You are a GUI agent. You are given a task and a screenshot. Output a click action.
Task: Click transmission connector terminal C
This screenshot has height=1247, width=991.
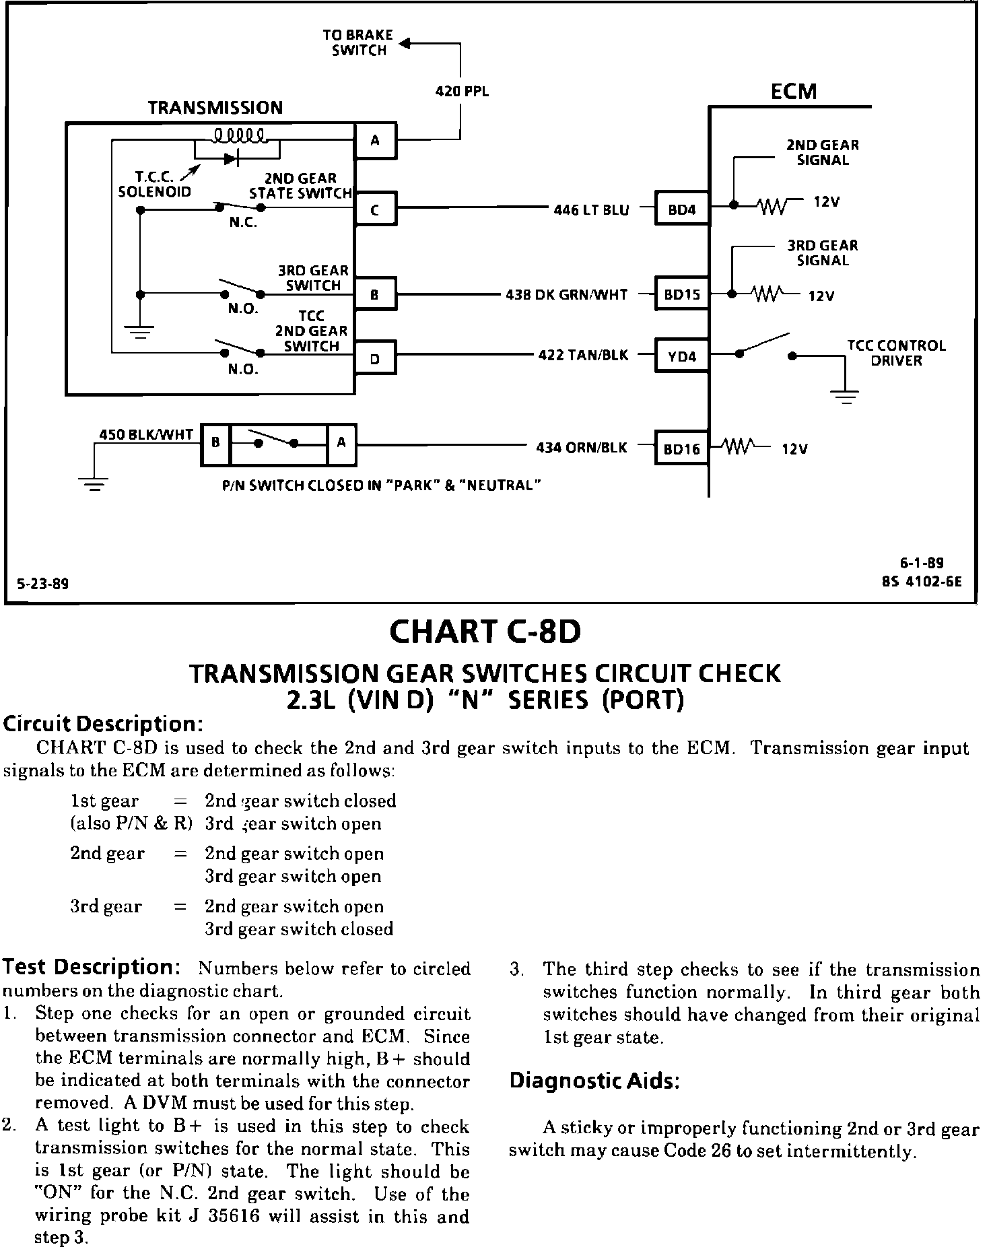(x=375, y=209)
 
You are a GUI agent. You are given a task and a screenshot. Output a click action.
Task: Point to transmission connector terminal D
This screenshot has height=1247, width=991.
(x=375, y=359)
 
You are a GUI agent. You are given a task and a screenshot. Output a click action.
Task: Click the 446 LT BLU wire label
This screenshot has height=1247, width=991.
(x=591, y=210)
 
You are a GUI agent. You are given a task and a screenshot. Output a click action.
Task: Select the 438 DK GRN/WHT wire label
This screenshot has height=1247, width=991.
(x=566, y=295)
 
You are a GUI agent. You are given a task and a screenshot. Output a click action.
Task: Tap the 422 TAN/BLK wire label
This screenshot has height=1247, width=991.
(x=583, y=355)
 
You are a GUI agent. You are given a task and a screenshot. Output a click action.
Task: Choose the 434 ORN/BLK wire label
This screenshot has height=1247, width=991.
(x=582, y=447)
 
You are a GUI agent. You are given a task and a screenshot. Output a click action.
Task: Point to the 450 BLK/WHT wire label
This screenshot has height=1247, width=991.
(x=146, y=434)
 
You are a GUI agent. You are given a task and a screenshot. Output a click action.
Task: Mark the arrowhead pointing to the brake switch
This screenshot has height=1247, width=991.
(x=404, y=44)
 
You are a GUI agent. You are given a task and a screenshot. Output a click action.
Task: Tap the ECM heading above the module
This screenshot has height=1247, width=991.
(x=794, y=91)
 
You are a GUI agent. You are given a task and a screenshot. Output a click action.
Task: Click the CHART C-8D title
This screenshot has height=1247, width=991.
(x=485, y=632)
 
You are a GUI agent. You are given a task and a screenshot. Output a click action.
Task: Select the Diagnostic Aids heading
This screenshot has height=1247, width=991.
(x=594, y=1081)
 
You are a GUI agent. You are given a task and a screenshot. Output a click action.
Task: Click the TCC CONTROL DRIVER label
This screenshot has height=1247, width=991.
(x=896, y=353)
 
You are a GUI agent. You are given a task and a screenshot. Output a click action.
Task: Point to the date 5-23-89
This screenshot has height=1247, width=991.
(x=43, y=584)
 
